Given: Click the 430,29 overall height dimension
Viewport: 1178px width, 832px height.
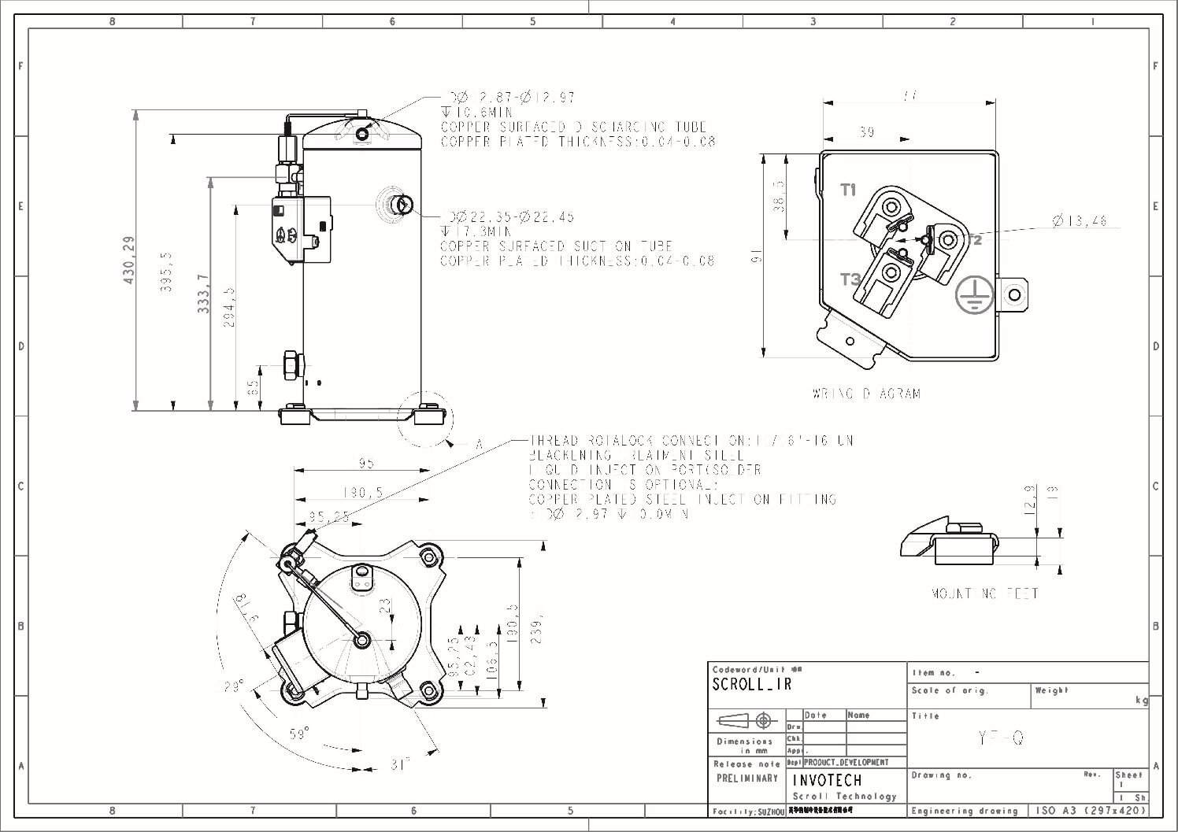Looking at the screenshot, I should (129, 260).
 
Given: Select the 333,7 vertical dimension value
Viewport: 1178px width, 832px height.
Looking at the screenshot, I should (203, 294).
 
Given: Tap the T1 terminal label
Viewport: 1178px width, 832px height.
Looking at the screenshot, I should (848, 190).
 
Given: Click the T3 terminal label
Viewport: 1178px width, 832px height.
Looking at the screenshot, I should (850, 279).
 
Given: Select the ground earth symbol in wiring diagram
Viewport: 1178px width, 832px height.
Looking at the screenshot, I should (973, 296).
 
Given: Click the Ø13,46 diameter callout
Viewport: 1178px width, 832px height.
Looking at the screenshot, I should (1080, 221).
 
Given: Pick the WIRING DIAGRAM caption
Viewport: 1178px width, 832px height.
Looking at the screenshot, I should (866, 394).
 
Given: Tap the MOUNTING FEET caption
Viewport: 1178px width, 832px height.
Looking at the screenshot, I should (984, 593).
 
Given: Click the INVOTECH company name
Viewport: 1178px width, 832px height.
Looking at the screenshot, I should (827, 780).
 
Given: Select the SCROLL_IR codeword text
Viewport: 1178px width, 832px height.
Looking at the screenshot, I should (751, 685).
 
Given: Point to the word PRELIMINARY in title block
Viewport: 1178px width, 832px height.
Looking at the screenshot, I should (746, 778).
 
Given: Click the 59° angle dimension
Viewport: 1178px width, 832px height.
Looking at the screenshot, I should (298, 734).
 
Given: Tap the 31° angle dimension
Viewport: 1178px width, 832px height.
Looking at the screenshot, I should (400, 764).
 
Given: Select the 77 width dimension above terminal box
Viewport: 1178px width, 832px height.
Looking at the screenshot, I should (909, 96).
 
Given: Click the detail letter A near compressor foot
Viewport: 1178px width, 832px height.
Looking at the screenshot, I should (478, 445).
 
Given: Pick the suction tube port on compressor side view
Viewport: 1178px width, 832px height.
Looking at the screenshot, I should (402, 205).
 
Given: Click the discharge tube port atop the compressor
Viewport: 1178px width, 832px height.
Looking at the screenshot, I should (362, 134).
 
